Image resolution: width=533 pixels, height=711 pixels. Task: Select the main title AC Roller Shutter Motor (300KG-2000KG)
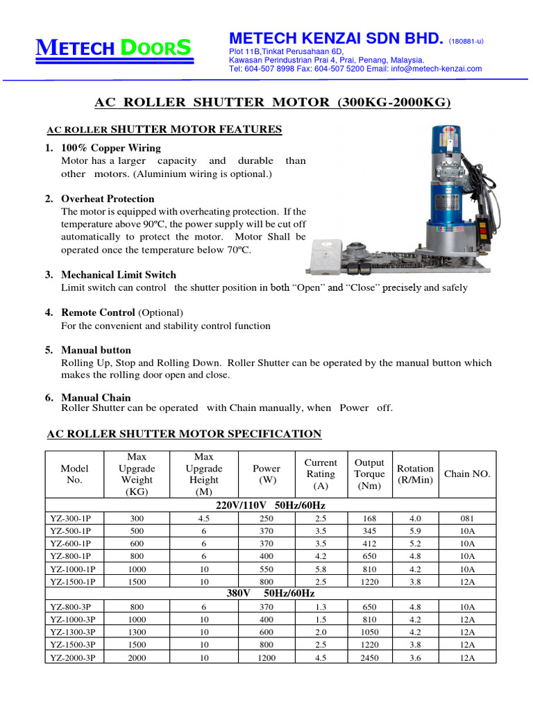272,103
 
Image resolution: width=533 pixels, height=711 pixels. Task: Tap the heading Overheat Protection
108,199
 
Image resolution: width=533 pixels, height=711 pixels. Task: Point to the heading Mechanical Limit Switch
119,275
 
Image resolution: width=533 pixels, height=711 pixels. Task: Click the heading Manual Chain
96,398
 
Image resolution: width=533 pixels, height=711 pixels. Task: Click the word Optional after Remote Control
161,313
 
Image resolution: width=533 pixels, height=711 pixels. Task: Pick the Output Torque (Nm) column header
369,474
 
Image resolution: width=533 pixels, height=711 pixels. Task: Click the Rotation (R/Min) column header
415,474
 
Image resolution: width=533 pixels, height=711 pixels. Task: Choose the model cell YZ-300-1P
73,517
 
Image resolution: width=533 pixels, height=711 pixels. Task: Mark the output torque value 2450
369,658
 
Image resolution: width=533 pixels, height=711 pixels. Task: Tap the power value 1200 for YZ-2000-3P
266,658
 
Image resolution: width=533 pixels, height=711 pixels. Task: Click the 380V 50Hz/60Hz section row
271,594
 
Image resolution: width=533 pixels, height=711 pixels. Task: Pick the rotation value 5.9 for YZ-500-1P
415,530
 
